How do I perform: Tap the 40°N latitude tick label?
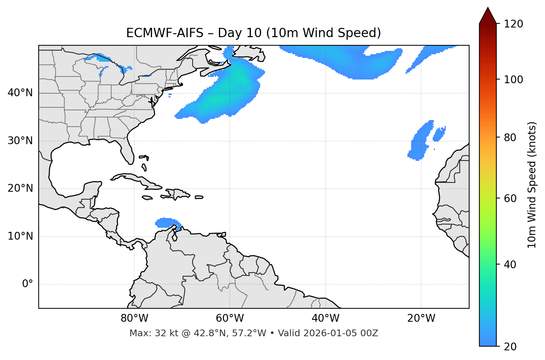[x=20, y=93]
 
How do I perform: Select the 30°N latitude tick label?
[x=20, y=141]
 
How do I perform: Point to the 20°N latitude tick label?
[x=20, y=188]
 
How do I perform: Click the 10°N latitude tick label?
[x=20, y=236]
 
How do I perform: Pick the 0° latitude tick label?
[x=28, y=284]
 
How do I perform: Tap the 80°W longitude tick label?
[x=134, y=318]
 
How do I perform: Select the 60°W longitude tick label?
[x=230, y=318]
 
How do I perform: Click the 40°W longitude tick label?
[x=325, y=318]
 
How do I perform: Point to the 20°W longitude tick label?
[x=421, y=318]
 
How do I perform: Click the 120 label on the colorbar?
[x=513, y=24]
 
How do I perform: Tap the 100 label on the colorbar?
[x=513, y=80]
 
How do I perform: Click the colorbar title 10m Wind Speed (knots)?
[x=532, y=185]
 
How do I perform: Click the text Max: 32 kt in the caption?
[x=146, y=333]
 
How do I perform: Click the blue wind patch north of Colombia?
[x=167, y=223]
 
